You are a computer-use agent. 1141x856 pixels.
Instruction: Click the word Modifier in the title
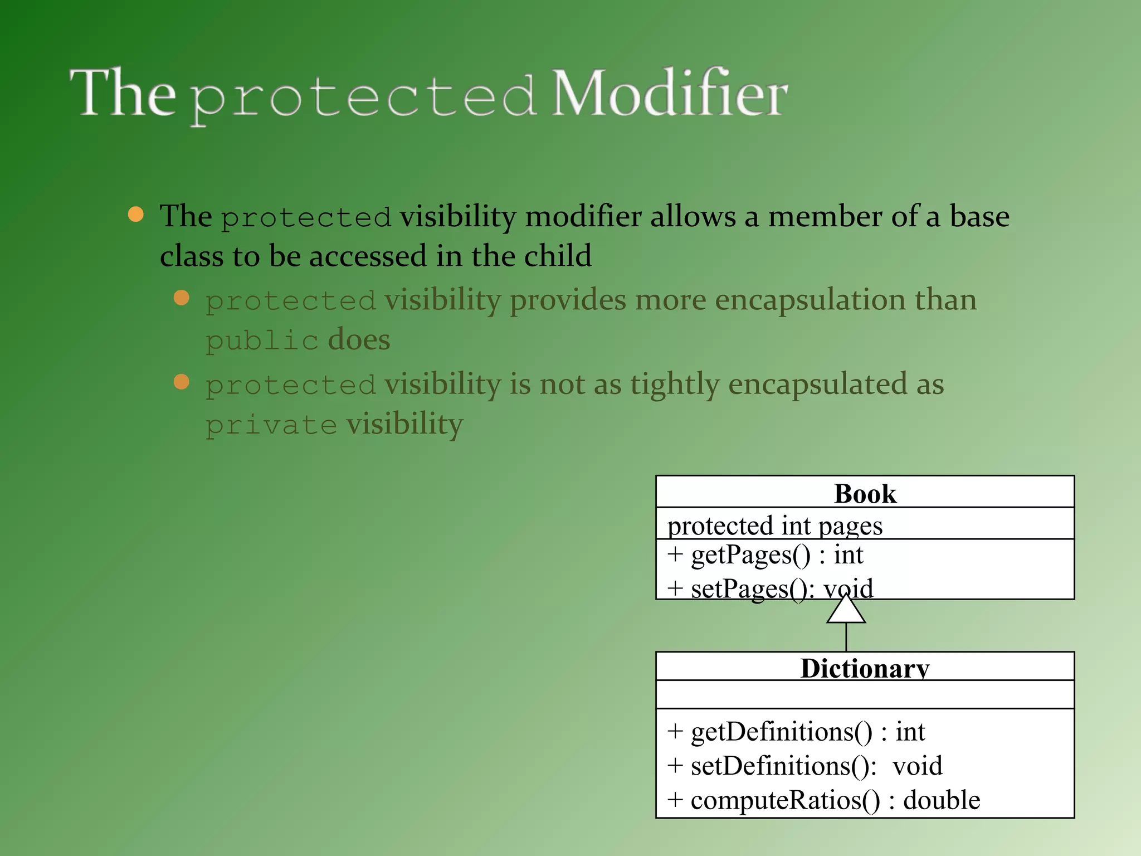[x=669, y=94]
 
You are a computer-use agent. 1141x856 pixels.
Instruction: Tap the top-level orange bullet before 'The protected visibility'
[x=135, y=215]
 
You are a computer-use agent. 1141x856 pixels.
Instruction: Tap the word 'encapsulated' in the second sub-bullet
[x=818, y=385]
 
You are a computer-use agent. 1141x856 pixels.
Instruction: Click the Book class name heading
[x=865, y=493]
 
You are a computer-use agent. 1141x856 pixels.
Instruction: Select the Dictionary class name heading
[x=865, y=668]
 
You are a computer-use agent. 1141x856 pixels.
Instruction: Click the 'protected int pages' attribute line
[x=774, y=526]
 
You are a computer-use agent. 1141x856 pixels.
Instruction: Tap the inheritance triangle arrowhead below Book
[x=846, y=611]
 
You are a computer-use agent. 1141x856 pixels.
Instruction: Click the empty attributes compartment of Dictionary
[x=865, y=694]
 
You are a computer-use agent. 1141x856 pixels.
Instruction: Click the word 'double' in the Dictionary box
[x=941, y=800]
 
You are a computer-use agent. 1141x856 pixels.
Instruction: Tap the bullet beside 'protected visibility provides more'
[x=182, y=298]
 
